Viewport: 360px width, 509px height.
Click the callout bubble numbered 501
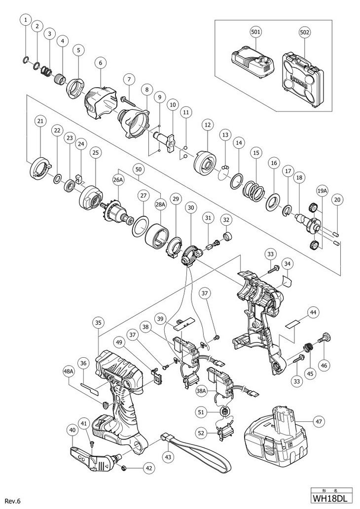pos(255,32)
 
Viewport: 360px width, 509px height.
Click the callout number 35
pos(99,323)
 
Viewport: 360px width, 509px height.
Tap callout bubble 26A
pos(118,180)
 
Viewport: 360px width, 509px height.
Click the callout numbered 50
pos(139,170)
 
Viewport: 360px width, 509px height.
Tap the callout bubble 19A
pos(322,190)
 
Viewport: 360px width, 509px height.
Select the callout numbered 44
pos(313,312)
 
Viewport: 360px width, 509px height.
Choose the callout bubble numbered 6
pos(100,63)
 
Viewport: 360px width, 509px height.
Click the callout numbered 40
pos(73,430)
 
